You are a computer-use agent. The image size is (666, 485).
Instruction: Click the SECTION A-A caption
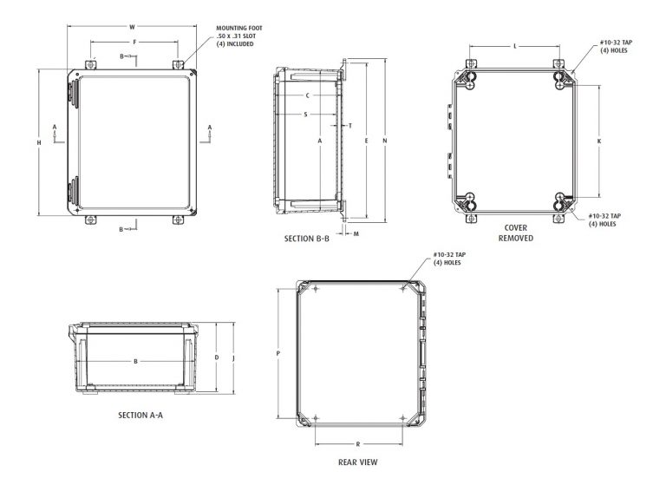(141, 416)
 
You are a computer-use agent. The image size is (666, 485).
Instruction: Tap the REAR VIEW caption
(357, 462)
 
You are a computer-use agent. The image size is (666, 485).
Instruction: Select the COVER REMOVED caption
(516, 233)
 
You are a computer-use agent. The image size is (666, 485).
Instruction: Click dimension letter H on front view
(39, 142)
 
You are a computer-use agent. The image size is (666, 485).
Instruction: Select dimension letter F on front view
(134, 41)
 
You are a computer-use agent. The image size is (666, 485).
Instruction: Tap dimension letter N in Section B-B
(384, 141)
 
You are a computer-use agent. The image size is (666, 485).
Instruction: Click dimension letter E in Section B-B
(367, 141)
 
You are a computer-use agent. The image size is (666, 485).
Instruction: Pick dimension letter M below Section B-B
(356, 233)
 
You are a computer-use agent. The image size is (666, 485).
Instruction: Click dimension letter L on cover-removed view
(515, 44)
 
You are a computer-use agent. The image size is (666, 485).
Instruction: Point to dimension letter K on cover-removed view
(600, 141)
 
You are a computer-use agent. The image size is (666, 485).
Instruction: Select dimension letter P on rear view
(277, 353)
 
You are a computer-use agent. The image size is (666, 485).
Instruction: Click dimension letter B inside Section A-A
(136, 361)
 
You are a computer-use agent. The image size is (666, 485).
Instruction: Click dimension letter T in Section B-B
(349, 126)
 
